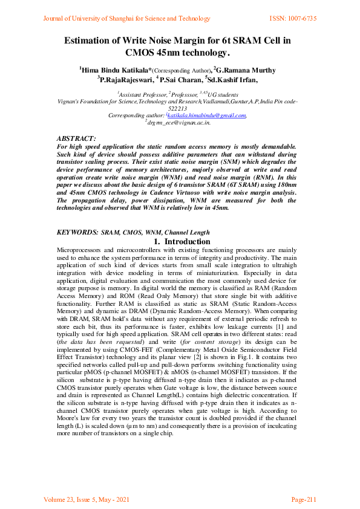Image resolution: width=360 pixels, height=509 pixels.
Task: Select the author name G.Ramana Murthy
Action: pos(247,70)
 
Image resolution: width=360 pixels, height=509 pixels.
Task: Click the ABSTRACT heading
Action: pos(76,139)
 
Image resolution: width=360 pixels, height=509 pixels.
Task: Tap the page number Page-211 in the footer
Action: pos(303,499)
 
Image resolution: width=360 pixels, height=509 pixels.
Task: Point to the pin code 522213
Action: pos(179,108)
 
